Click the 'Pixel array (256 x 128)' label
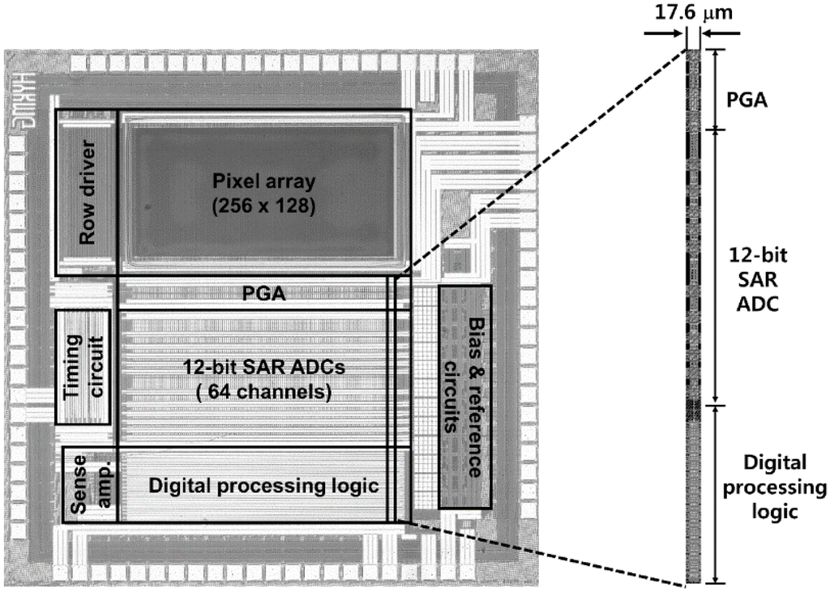262,194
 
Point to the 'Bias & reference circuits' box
465,397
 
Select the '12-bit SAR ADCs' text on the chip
263,368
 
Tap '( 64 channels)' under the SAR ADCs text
263,394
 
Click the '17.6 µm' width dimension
693,13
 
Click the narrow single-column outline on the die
393,397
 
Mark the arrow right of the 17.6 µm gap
721,32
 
